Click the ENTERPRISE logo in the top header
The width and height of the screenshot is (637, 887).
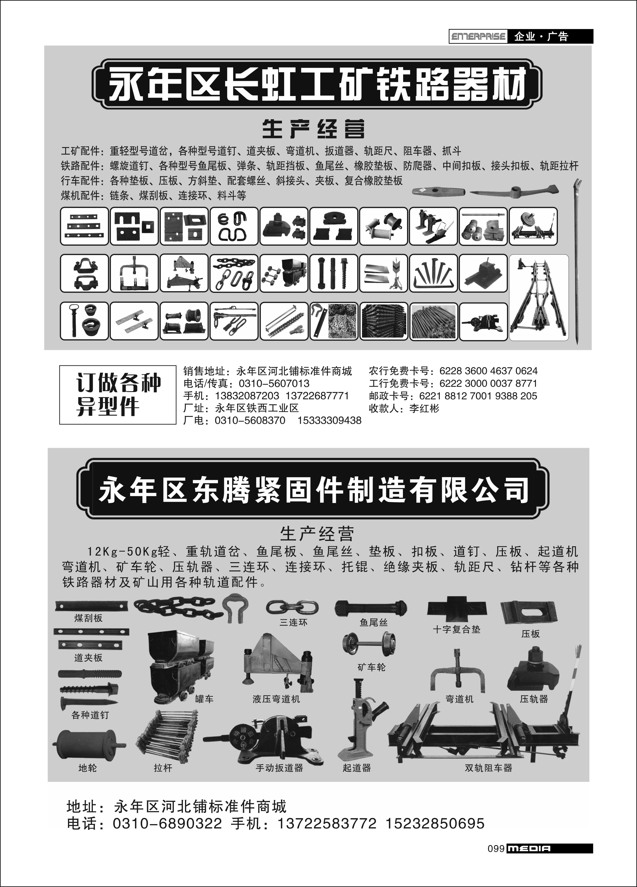[478, 37]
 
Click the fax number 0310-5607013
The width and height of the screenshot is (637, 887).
[274, 384]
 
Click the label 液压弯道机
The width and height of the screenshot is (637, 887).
[276, 699]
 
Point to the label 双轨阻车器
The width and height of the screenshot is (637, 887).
[489, 768]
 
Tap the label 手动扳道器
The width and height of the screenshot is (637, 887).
[279, 768]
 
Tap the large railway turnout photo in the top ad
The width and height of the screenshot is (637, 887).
[539, 298]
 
